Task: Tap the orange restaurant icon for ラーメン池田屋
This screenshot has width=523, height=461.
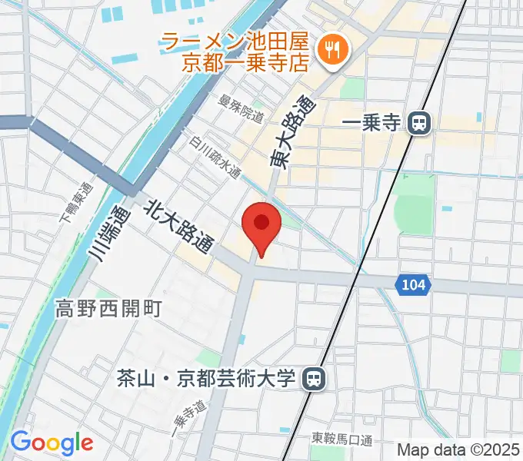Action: pyautogui.click(x=335, y=50)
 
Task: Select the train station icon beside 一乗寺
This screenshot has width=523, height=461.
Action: pyautogui.click(x=418, y=122)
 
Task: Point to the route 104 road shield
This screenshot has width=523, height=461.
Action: pyautogui.click(x=413, y=285)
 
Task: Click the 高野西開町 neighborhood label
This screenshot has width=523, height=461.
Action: pyautogui.click(x=108, y=309)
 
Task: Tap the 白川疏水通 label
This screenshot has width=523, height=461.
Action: pyautogui.click(x=216, y=158)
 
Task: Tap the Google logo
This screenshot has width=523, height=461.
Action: pyautogui.click(x=52, y=443)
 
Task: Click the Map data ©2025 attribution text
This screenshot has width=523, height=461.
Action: pyautogui.click(x=459, y=449)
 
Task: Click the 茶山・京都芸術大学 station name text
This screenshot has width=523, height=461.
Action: pyautogui.click(x=207, y=378)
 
